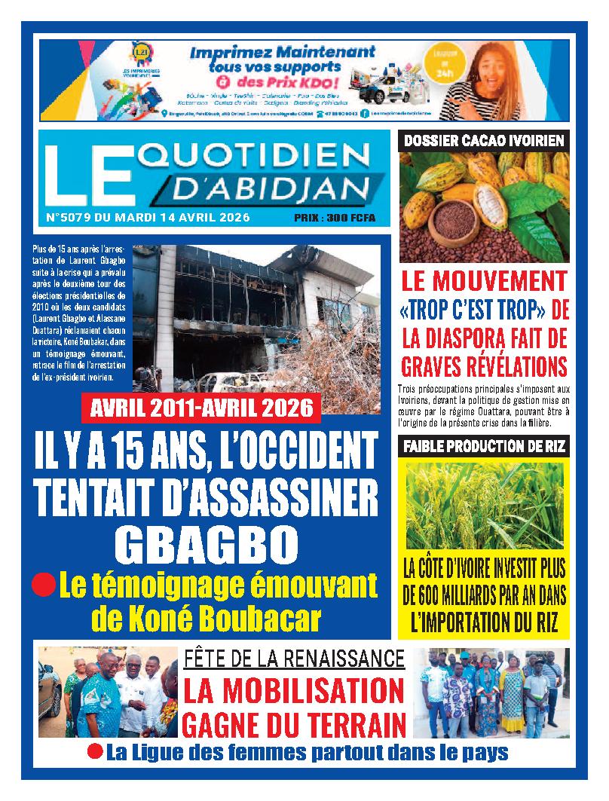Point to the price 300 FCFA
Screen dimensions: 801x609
click(346, 219)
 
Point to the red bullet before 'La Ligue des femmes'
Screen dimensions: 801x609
click(95, 751)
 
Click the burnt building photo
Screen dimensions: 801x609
click(256, 316)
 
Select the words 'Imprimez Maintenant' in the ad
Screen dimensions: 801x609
click(282, 54)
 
